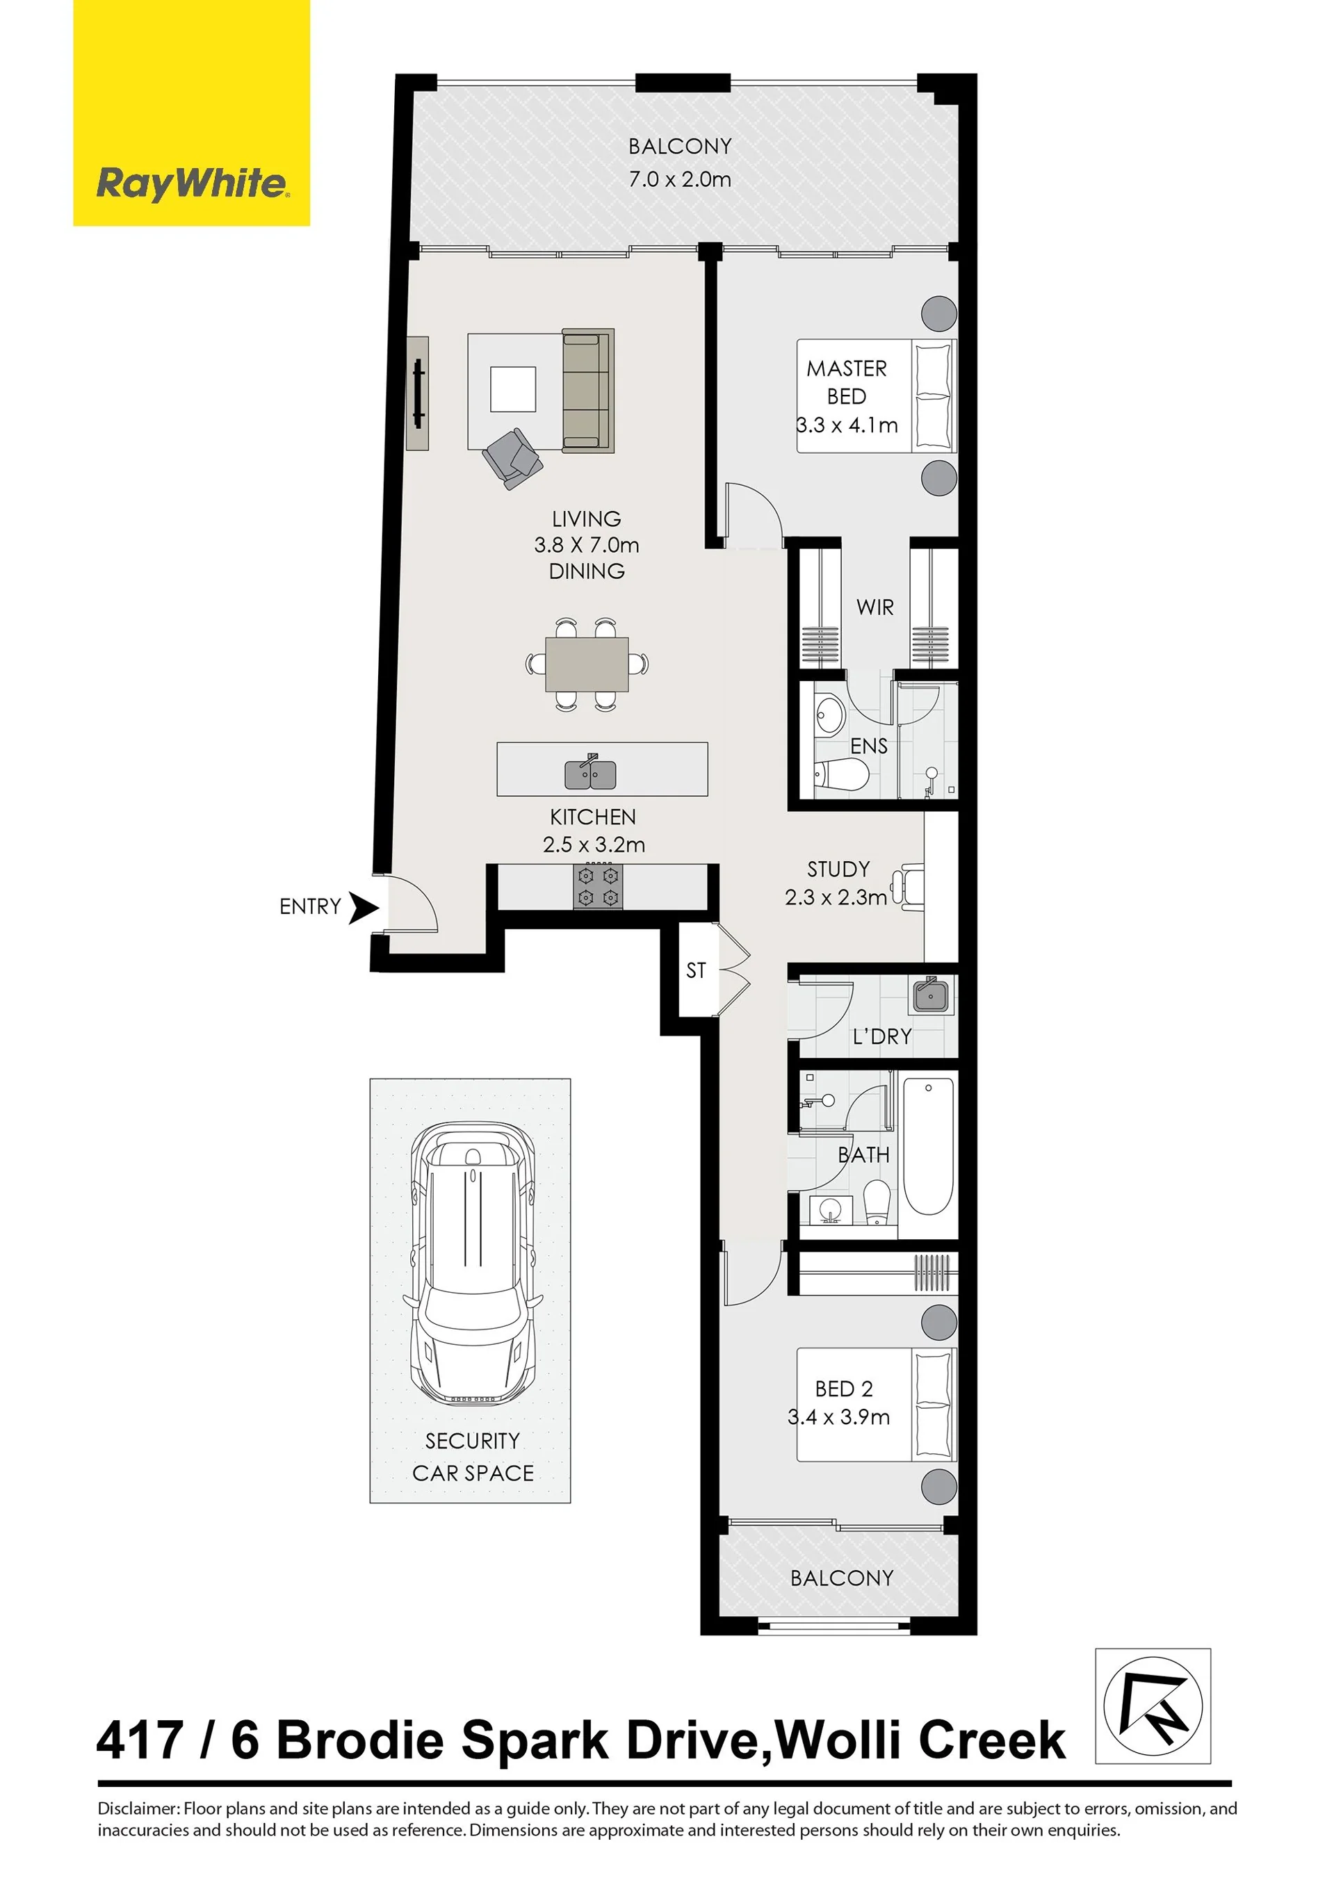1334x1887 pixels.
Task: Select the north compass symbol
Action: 1153,1706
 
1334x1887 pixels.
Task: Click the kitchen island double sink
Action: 590,773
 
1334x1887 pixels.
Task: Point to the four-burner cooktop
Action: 598,887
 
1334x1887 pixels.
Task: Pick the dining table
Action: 587,664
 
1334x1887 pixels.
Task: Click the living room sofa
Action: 587,391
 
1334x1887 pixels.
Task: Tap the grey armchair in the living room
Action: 513,459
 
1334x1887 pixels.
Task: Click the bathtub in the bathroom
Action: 928,1147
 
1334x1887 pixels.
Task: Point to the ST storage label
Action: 696,971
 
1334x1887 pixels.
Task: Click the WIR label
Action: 875,607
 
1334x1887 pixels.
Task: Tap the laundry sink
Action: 932,995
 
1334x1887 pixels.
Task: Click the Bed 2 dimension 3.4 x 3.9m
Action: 838,1417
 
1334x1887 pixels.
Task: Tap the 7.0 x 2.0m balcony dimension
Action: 680,179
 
